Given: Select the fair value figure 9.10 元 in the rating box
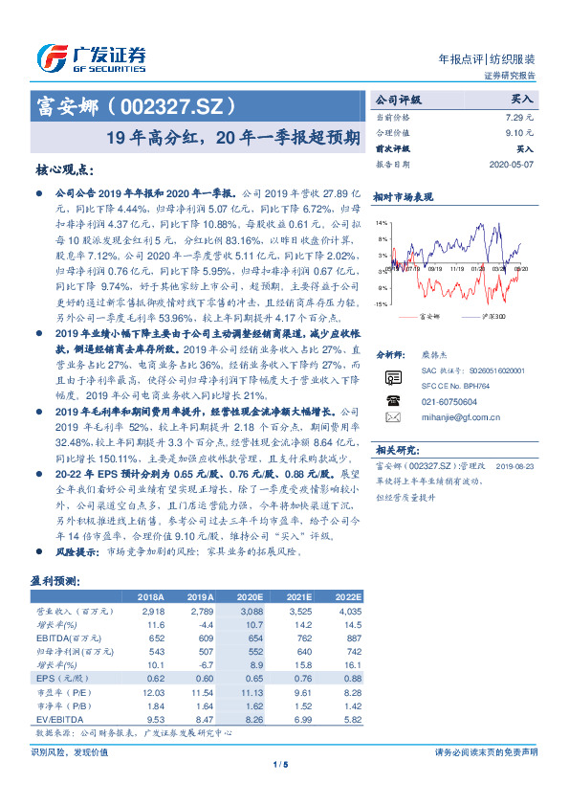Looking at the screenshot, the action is [520, 132].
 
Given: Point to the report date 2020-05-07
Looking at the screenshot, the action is [514, 165].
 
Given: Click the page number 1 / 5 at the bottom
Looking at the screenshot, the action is [281, 764].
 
